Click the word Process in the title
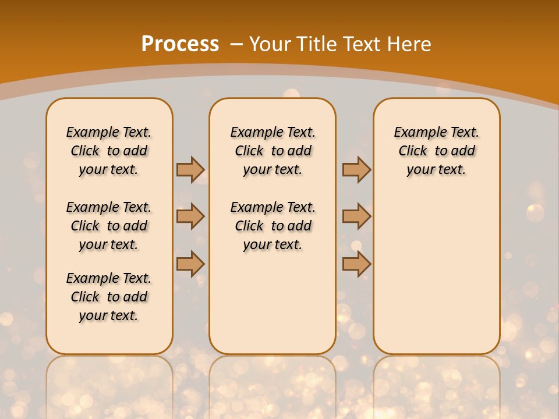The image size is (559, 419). [180, 44]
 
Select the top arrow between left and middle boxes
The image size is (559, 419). [190, 169]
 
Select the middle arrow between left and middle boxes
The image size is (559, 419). [190, 216]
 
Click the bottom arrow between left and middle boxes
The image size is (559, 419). [190, 264]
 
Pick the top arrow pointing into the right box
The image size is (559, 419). [356, 169]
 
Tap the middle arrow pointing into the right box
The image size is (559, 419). [356, 216]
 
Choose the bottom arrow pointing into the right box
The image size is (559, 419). [356, 264]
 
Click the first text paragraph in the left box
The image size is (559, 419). [109, 151]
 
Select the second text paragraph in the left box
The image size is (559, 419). [109, 226]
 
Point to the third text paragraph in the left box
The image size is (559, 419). [109, 297]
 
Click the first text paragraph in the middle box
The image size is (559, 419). [273, 151]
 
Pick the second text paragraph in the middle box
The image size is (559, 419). [273, 226]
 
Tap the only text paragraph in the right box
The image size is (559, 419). [436, 151]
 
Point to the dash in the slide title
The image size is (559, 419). [236, 44]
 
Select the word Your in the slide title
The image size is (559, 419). [270, 44]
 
